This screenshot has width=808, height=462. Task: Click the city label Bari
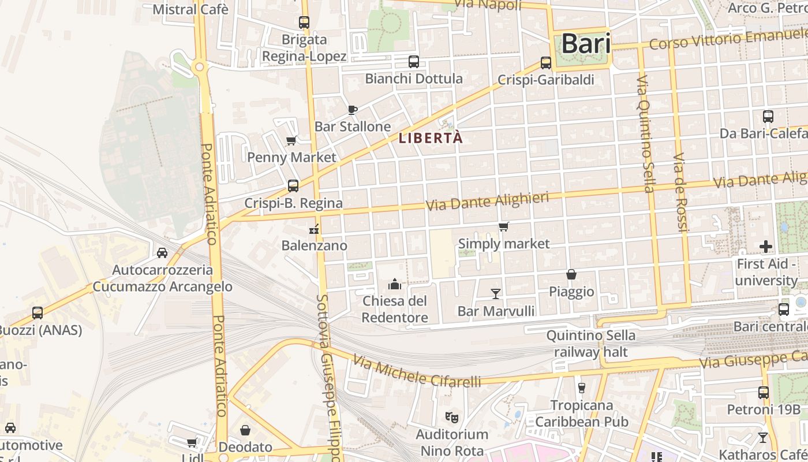pyautogui.click(x=585, y=44)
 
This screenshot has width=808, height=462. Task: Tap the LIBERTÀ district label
pyautogui.click(x=431, y=139)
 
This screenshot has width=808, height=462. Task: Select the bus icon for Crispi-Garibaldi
pyautogui.click(x=546, y=63)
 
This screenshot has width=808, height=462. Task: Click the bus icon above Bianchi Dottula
pyautogui.click(x=414, y=62)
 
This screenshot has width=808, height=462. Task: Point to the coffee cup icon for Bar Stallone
pyautogui.click(x=353, y=110)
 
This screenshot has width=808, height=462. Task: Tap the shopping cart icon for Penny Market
pyautogui.click(x=291, y=141)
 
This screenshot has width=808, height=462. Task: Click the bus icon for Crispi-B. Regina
pyautogui.click(x=293, y=186)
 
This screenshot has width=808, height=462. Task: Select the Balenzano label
pyautogui.click(x=314, y=245)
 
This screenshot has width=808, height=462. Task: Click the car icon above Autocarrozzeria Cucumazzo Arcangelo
pyautogui.click(x=162, y=253)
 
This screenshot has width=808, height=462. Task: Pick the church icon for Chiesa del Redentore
pyautogui.click(x=395, y=284)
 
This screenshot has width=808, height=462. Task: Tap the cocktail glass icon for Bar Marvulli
pyautogui.click(x=495, y=294)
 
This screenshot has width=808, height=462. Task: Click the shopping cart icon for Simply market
pyautogui.click(x=504, y=227)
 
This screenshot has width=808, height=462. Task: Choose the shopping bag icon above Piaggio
pyautogui.click(x=571, y=274)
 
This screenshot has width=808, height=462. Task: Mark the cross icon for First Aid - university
pyautogui.click(x=766, y=247)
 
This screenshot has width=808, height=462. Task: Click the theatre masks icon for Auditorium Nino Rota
pyautogui.click(x=452, y=416)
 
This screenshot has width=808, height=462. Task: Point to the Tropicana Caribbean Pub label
pyautogui.click(x=582, y=413)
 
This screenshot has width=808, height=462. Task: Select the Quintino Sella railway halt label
pyautogui.click(x=590, y=344)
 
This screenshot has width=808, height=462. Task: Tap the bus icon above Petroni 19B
pyautogui.click(x=764, y=393)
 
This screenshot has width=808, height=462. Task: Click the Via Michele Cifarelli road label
pyautogui.click(x=417, y=371)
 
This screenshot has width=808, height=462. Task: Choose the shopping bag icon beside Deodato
pyautogui.click(x=245, y=430)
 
